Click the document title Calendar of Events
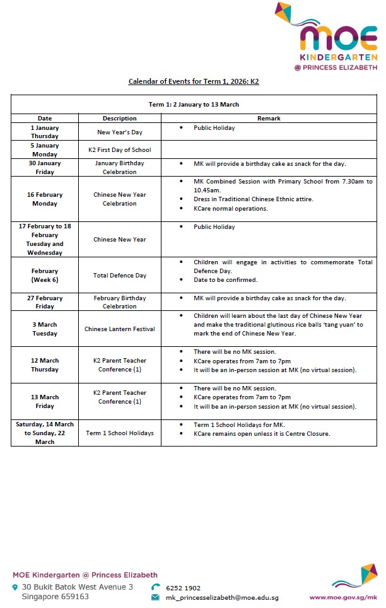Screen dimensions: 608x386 pyautogui.click(x=194, y=81)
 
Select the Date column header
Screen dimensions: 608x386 pyautogui.click(x=45, y=119)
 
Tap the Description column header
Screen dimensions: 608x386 pyautogui.click(x=119, y=119)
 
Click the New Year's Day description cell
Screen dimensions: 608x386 pyautogui.click(x=119, y=132)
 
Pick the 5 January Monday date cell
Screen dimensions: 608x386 pyautogui.click(x=45, y=149)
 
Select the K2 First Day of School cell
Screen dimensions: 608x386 pyautogui.click(x=119, y=150)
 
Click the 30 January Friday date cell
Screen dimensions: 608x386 pyautogui.click(x=45, y=167)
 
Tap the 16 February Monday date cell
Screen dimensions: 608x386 pyautogui.click(x=45, y=199)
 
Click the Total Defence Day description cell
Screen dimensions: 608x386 pyautogui.click(x=119, y=276)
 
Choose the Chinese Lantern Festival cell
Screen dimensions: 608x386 pyautogui.click(x=119, y=329)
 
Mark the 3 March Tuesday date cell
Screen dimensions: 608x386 pyautogui.click(x=45, y=329)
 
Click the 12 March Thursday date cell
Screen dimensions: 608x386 pyautogui.click(x=45, y=365)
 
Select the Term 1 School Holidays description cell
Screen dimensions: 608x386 pyautogui.click(x=119, y=433)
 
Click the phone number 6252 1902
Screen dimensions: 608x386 pyautogui.click(x=183, y=588)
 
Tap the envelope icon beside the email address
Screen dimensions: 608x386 pyautogui.click(x=155, y=597)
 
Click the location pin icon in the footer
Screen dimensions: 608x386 pyautogui.click(x=16, y=588)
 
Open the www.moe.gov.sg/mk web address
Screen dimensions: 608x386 pyautogui.click(x=343, y=597)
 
